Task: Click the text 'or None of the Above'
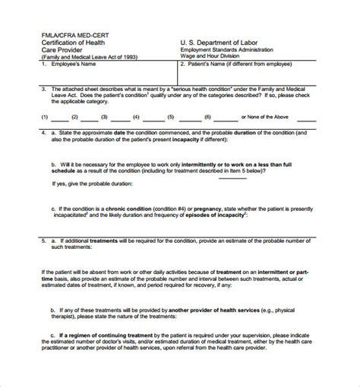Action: [265, 118]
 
